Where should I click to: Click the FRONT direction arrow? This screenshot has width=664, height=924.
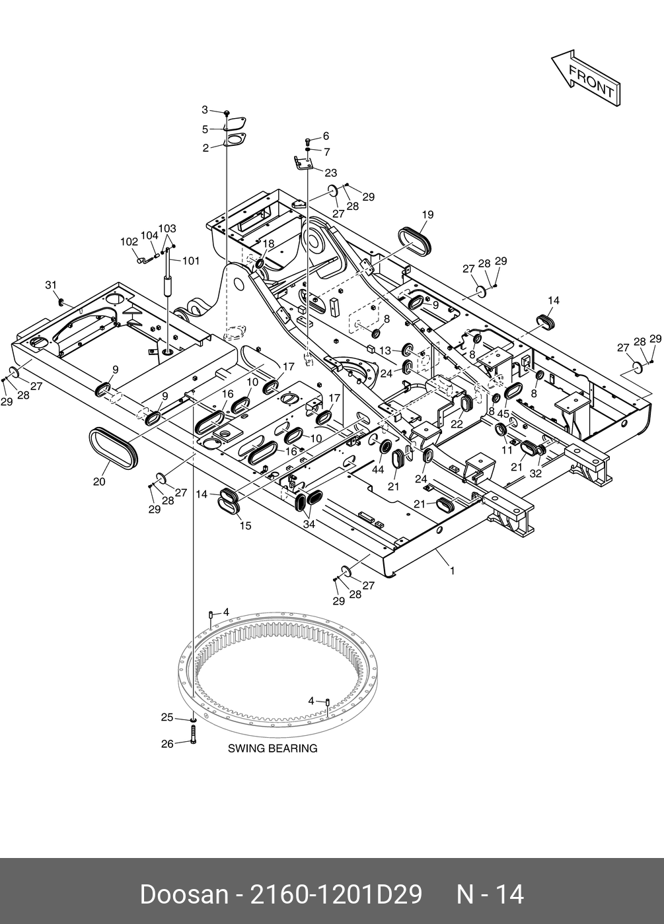(587, 78)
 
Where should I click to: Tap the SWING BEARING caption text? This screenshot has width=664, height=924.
(272, 748)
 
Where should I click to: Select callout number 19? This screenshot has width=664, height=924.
(427, 214)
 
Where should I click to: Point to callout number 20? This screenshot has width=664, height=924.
(99, 482)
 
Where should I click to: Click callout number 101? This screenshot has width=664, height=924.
(191, 261)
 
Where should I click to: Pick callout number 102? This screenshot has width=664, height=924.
(129, 242)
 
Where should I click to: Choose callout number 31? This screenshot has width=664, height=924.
(51, 285)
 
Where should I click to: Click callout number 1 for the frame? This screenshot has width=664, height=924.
(452, 571)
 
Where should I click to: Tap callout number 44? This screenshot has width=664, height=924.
(377, 469)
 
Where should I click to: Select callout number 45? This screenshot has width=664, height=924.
(503, 414)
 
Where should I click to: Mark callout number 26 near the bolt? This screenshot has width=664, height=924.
(167, 744)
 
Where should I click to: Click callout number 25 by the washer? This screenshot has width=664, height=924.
(167, 717)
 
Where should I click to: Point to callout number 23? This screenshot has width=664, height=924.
(330, 173)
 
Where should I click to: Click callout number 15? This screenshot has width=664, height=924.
(245, 526)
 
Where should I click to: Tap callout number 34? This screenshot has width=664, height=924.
(309, 524)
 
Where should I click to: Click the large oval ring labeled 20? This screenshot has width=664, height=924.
(114, 448)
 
